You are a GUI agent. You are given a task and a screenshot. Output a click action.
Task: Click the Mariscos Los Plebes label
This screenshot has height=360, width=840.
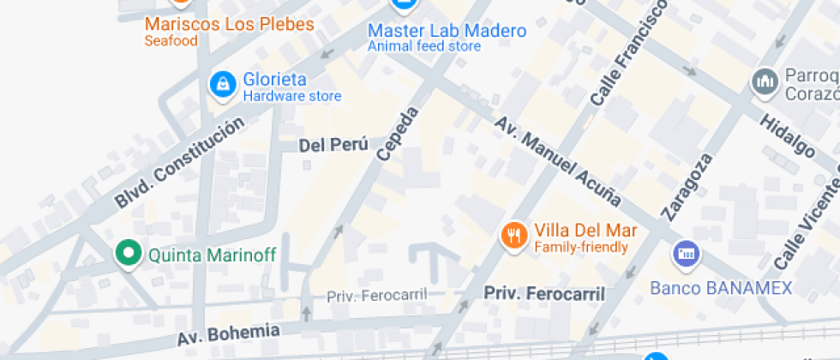coord(229,24)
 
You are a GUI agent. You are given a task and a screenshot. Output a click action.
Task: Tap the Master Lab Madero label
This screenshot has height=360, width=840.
coord(447,31)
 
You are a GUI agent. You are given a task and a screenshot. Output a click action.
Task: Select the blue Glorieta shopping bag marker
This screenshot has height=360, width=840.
coord(223,85)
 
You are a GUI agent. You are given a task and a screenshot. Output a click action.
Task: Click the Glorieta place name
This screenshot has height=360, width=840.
coord(274,80)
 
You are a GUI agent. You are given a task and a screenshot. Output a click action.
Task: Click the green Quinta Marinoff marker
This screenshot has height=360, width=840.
coord(129,253)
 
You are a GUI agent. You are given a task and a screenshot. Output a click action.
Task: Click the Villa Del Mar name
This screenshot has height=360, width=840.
coord(585,231)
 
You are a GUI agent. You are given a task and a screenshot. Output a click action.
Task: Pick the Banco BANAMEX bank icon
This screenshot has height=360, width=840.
coord(686,254)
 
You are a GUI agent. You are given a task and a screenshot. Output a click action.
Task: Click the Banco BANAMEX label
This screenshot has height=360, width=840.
coord(721,288)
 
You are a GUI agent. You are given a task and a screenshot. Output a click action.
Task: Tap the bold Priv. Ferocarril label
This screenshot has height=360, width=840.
coord(544,293)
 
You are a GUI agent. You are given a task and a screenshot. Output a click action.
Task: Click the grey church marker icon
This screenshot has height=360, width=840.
coord(763,81)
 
